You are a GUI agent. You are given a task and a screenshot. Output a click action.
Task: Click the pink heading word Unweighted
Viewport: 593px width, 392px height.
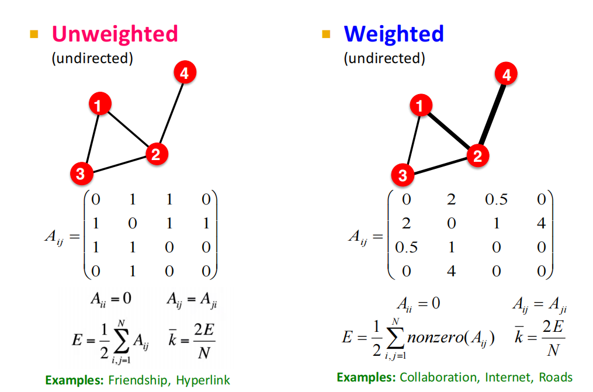pos(115,33)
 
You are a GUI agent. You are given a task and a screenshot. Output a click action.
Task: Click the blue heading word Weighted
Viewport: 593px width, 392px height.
pos(394,33)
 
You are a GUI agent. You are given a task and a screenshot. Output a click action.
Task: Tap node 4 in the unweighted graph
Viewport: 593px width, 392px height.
pos(184,74)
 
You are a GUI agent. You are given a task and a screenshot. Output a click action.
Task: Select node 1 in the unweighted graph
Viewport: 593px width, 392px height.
pos(100,105)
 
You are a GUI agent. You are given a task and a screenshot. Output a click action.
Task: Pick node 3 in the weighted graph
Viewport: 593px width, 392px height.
pos(403,175)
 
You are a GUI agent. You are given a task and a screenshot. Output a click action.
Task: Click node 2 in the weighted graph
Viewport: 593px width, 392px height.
pos(477,156)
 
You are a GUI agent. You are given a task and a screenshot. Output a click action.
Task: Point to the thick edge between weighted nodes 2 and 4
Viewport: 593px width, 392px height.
pos(492,115)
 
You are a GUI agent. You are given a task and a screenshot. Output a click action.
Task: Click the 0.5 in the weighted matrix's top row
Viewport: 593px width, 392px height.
pos(496,200)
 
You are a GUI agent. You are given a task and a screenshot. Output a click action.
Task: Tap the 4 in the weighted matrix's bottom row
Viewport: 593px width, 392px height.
pos(450,272)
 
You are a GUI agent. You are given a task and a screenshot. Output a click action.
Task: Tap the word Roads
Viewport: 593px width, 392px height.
pos(556,377)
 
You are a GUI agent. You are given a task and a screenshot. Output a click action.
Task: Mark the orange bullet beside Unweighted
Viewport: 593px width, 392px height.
pos(34,34)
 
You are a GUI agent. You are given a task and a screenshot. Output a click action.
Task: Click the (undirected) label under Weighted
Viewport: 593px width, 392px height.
pos(384,58)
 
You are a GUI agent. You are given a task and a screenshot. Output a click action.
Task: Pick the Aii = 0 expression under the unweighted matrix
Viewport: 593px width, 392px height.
pos(110,299)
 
